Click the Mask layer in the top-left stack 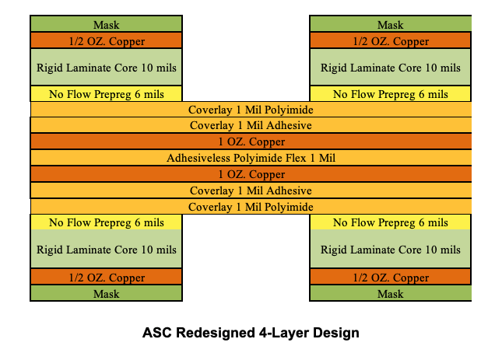tap(107, 25)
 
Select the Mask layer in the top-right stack tap(391, 25)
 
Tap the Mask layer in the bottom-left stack tap(107, 294)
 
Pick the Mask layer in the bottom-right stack tap(391, 294)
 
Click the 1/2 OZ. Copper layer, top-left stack tap(107, 41)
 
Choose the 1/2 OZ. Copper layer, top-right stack tap(391, 41)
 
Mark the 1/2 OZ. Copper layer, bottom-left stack tap(107, 278)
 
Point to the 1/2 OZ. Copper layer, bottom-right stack tap(391, 278)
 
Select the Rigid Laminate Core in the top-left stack tap(107, 68)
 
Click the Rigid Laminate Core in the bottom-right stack tap(391, 250)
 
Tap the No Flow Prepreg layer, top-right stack tap(391, 94)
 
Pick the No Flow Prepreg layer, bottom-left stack tap(107, 223)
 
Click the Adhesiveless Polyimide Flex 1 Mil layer tap(251, 158)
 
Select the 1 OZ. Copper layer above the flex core tap(251, 142)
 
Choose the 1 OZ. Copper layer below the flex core tap(251, 174)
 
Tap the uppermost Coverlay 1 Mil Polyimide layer tap(251, 110)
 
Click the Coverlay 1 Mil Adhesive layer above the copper tap(251, 125)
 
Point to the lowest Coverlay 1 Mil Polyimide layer tap(251, 207)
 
